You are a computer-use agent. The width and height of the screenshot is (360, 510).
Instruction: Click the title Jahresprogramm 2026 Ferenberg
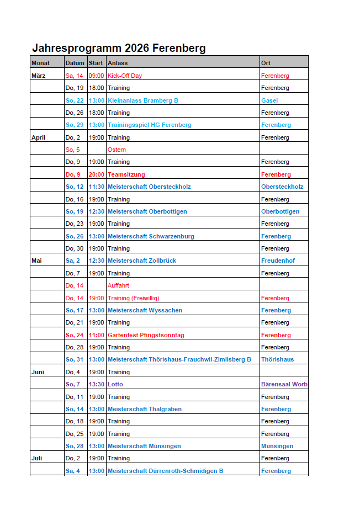pyautogui.click(x=119, y=48)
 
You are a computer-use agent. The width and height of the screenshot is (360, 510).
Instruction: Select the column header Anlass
pyautogui.click(x=117, y=63)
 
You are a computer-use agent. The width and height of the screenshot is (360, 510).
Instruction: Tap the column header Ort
pyautogui.click(x=266, y=63)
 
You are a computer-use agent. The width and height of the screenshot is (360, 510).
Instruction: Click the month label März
pyautogui.click(x=38, y=76)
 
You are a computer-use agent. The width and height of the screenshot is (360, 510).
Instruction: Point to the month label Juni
pyautogui.click(x=38, y=372)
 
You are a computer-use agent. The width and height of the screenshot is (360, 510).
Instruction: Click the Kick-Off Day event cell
pyautogui.click(x=125, y=76)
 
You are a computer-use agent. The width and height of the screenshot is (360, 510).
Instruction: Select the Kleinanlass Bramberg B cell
pyautogui.click(x=143, y=100)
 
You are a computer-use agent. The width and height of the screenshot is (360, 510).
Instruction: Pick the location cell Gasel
pyautogui.click(x=269, y=100)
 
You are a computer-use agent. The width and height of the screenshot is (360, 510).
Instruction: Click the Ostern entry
pyautogui.click(x=117, y=150)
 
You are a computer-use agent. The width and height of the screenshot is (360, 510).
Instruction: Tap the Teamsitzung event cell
pyautogui.click(x=126, y=174)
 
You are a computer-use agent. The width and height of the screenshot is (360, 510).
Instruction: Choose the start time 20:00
pyautogui.click(x=97, y=174)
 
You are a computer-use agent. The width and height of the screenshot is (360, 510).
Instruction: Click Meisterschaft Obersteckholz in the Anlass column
pyautogui.click(x=149, y=187)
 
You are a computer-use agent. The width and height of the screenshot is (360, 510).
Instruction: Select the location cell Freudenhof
pyautogui.click(x=277, y=261)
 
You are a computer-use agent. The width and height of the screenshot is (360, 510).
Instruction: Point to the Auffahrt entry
pyautogui.click(x=119, y=285)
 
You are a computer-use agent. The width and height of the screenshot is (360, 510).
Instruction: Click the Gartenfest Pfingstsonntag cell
pyautogui.click(x=146, y=335)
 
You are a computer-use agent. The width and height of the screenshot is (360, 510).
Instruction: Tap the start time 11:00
pyautogui.click(x=97, y=335)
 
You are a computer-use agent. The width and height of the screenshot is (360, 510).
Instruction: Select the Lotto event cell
pyautogui.click(x=115, y=384)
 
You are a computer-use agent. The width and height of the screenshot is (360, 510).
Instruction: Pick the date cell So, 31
pyautogui.click(x=75, y=359)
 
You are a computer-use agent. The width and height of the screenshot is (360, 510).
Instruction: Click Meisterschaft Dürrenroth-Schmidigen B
pyautogui.click(x=166, y=471)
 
